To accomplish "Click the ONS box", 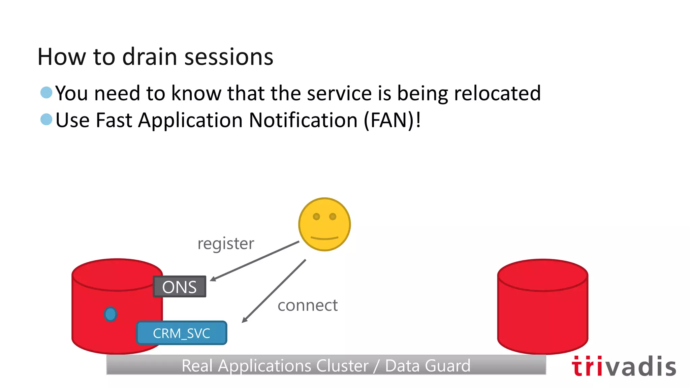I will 179,287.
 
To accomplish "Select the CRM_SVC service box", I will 182,333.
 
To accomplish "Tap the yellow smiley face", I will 324,225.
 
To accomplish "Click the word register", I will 225,244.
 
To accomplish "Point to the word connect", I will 307,305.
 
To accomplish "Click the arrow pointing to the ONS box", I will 254,261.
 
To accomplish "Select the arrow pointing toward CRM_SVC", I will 274,291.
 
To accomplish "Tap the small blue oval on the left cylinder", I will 111,314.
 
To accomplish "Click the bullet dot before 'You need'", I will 46,92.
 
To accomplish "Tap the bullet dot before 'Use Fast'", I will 46,119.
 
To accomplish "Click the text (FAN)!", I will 392,120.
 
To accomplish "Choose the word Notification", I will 303,120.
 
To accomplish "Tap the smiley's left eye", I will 316,217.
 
